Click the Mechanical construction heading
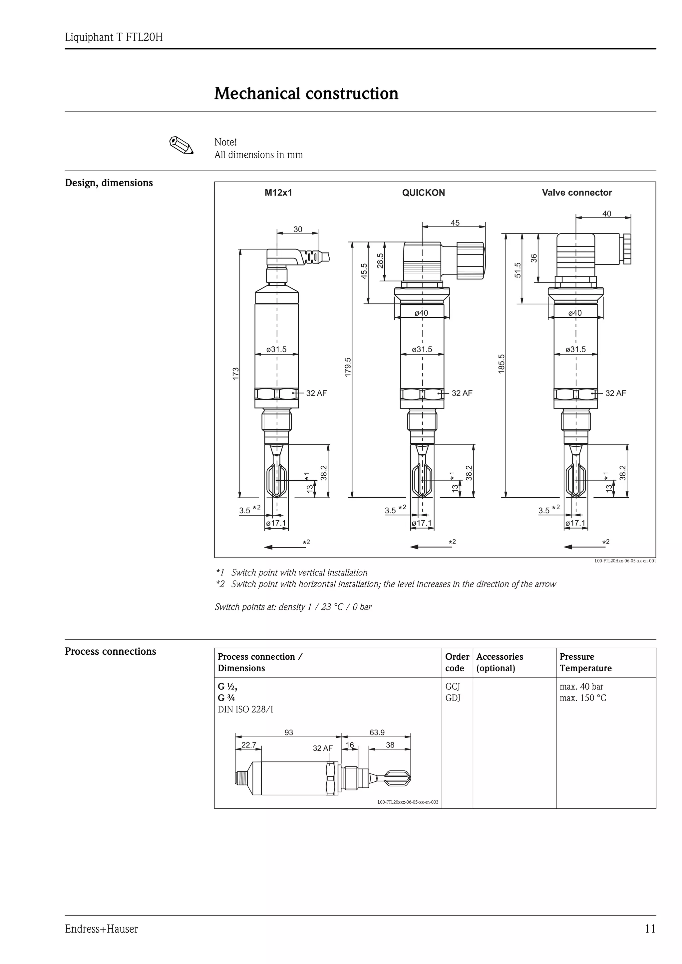[306, 93]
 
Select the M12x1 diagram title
[278, 193]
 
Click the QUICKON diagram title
[423, 193]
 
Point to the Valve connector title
[576, 193]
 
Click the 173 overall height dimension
[236, 374]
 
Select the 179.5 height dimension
[348, 367]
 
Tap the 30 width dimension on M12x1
[297, 229]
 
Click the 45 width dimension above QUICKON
[455, 223]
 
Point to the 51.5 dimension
[518, 270]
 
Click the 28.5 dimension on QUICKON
[380, 260]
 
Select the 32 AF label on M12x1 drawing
[316, 394]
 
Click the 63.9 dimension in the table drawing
[377, 733]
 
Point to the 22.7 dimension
[249, 745]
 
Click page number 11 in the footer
[650, 929]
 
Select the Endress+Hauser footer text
[101, 929]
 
